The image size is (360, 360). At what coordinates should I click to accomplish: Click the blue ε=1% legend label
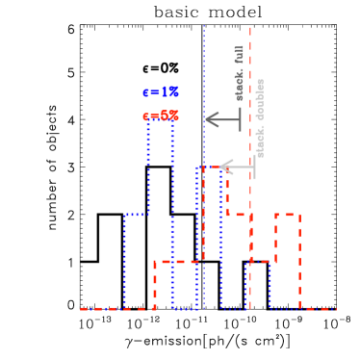[160, 92]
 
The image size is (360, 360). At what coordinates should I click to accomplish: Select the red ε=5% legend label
[160, 116]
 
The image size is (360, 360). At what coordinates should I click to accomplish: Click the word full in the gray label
[240, 54]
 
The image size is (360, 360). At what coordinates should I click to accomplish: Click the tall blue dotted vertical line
[204, 58]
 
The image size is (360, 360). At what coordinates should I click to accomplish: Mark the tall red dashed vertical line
[250, 58]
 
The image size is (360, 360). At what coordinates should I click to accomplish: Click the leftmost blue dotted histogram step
[136, 260]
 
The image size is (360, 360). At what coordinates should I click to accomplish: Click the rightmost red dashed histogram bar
[287, 260]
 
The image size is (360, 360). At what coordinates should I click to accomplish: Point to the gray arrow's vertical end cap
[240, 119]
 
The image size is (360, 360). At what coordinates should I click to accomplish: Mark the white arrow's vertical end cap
[254, 167]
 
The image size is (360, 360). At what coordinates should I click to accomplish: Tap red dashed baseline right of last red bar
[318, 309]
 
